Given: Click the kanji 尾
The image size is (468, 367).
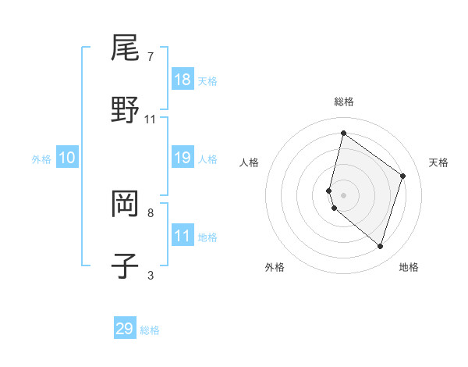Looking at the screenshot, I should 125,49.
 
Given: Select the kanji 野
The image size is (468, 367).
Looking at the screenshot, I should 125,110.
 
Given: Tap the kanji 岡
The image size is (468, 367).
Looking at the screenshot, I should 125,205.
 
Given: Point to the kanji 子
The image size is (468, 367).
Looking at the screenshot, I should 125,265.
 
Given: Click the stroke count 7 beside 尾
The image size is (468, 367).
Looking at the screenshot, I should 151,57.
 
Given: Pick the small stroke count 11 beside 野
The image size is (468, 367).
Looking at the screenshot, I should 151,119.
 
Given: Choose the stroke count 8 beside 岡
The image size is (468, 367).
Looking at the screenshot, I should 151,212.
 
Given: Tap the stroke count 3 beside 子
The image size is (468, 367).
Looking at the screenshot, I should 151,275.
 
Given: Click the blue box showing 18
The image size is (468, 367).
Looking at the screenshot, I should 183,80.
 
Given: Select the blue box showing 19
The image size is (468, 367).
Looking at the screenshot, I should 183,158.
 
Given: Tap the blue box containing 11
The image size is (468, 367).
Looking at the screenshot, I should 183,236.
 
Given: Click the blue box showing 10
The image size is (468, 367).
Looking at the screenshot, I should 67,158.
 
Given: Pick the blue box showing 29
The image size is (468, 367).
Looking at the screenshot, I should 125,329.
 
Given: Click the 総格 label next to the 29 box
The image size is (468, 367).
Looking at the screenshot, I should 151,330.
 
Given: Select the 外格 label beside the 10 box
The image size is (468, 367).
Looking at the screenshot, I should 41,159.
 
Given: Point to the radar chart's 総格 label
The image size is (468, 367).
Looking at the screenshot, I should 344,102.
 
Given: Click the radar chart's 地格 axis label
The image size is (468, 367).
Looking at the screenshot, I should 409,267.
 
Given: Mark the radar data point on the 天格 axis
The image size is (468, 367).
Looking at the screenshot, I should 403,176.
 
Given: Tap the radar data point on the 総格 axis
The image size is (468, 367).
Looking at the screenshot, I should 343,133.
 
